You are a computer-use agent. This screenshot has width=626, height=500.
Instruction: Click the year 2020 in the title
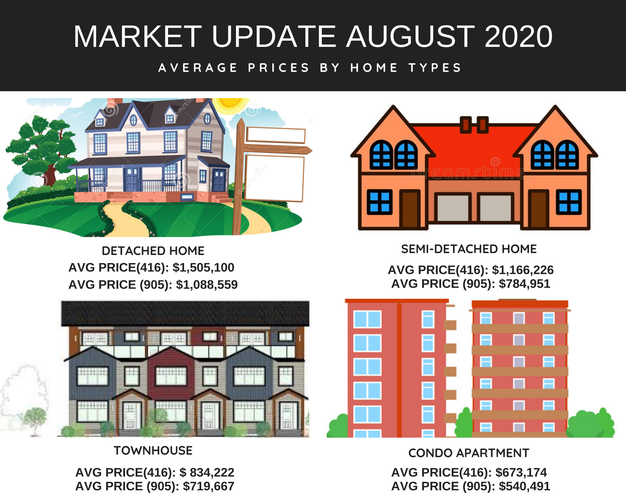(x=518, y=37)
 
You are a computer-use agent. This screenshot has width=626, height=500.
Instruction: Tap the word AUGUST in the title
(x=410, y=37)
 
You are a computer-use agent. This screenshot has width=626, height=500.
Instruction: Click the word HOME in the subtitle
(x=374, y=67)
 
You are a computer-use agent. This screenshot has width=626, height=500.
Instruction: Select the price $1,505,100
(x=203, y=268)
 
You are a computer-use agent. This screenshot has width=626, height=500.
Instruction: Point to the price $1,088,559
(x=207, y=285)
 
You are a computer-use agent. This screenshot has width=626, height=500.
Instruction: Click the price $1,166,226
(x=523, y=270)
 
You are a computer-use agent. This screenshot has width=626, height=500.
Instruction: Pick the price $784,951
(x=524, y=284)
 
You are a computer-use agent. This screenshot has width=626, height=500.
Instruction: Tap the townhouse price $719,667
(x=208, y=486)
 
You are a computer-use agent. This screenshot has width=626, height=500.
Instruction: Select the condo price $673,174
(x=521, y=472)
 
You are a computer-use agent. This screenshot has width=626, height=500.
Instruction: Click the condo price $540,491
(x=524, y=486)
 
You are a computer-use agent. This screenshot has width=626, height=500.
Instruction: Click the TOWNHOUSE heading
(x=153, y=451)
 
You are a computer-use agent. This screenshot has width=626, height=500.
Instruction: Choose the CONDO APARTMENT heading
(x=469, y=453)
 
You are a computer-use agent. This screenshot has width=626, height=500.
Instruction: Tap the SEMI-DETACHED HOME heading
(x=469, y=249)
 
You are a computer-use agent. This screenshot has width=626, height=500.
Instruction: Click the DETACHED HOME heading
(x=153, y=251)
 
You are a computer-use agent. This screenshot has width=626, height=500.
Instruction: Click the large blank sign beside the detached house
(x=274, y=178)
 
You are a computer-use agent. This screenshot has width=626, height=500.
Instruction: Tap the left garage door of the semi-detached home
(x=453, y=207)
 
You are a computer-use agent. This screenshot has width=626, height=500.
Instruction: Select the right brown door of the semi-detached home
(x=538, y=209)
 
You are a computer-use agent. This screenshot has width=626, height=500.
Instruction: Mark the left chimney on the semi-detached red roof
(x=466, y=125)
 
